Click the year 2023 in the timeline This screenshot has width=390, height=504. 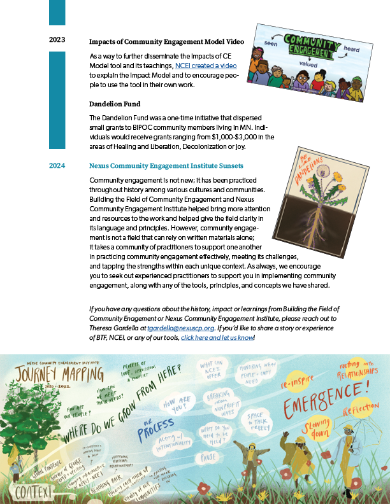click(57, 40)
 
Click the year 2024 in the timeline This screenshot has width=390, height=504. click(57, 166)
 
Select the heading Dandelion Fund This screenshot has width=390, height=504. click(115, 104)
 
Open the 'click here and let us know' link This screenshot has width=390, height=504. click(217, 337)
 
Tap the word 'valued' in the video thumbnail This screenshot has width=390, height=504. click(307, 64)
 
